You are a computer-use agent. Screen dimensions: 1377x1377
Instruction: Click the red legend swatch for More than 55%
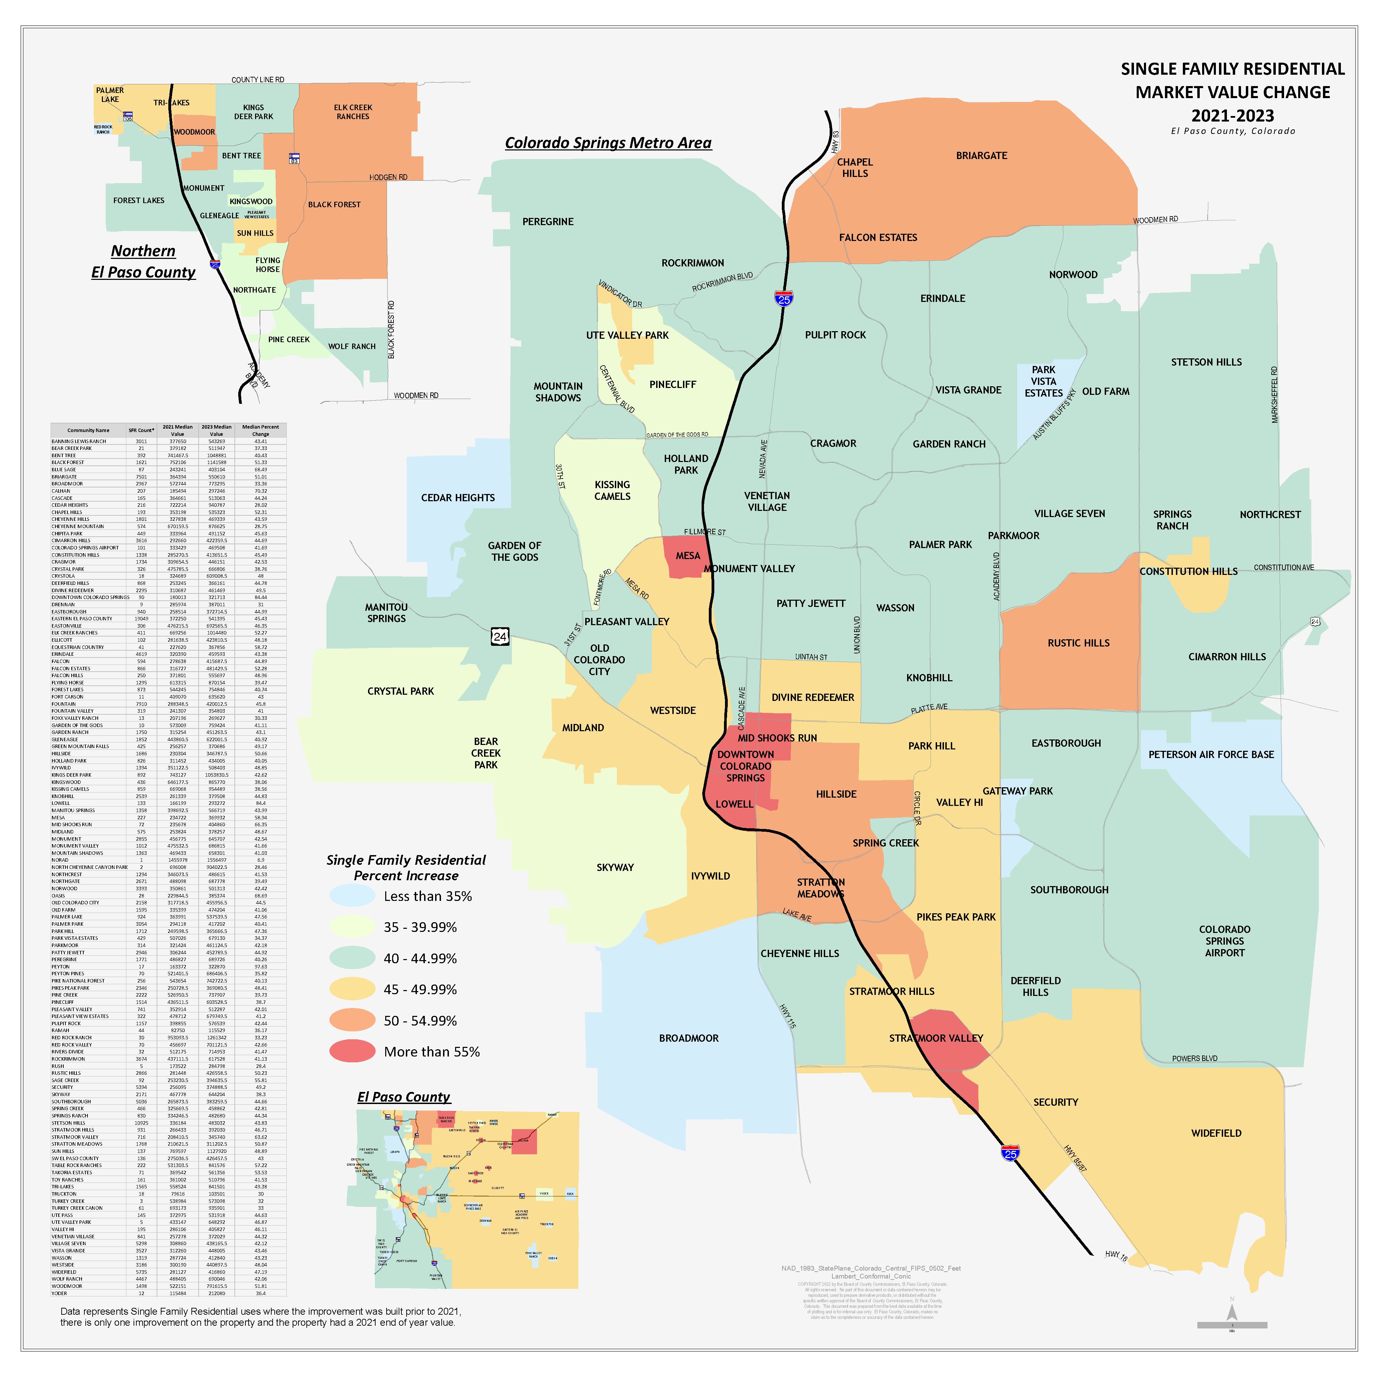(x=352, y=1051)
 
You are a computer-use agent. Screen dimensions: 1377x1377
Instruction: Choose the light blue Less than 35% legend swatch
(x=352, y=896)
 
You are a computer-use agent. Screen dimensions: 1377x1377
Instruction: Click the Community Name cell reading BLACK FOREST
(x=68, y=463)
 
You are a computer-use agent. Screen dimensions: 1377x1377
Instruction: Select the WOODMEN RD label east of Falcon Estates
(x=1155, y=220)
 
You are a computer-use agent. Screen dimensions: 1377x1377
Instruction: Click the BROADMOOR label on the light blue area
(x=688, y=1038)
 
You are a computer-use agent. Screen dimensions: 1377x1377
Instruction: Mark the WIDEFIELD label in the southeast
(x=1216, y=1133)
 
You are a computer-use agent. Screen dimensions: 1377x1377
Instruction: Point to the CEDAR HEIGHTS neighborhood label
(x=458, y=497)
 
